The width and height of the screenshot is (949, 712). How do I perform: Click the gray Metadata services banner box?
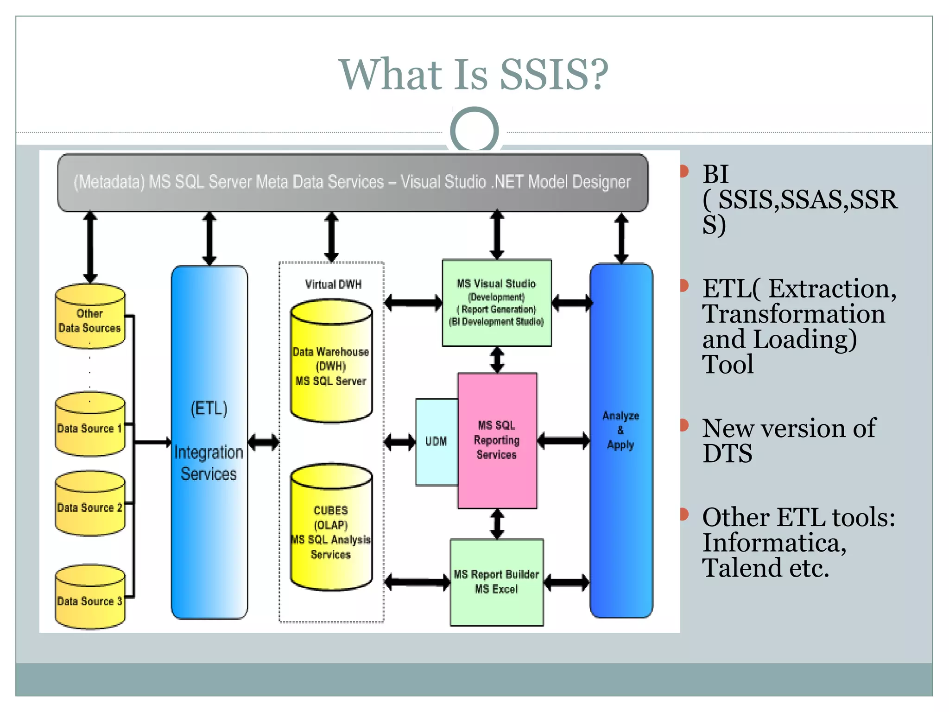tap(352, 182)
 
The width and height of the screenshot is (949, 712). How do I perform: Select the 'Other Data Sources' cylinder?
tap(90, 318)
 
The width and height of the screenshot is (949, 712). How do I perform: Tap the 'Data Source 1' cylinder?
tap(90, 426)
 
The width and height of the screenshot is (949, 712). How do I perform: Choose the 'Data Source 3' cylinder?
tap(90, 598)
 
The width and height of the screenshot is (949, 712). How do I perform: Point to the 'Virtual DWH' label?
tap(333, 284)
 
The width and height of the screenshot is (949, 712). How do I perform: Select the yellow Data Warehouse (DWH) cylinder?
tap(331, 364)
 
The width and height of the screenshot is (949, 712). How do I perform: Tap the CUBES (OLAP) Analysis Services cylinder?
tap(331, 528)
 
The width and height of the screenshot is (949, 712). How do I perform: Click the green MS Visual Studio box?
tap(496, 303)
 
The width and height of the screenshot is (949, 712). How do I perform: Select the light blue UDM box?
tap(436, 441)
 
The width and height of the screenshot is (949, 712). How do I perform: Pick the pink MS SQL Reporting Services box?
tap(497, 440)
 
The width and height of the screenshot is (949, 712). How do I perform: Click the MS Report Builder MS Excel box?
tap(496, 582)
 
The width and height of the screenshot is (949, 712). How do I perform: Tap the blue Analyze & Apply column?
tap(620, 440)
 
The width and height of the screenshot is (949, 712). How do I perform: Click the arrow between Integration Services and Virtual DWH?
tap(263, 442)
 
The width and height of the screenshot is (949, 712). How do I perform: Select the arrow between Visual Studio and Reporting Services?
tap(497, 360)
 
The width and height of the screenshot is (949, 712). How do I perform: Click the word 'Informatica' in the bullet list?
tap(774, 543)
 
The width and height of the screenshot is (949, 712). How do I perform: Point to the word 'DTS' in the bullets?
tap(727, 453)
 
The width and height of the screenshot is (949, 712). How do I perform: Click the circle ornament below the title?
tap(474, 130)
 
